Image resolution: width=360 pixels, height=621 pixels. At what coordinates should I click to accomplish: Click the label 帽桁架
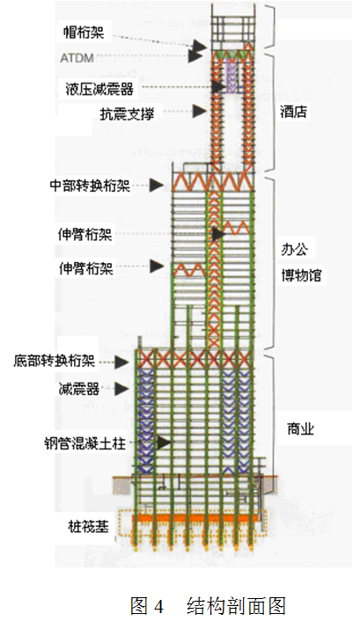84,32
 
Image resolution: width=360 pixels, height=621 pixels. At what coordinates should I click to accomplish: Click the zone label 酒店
292,112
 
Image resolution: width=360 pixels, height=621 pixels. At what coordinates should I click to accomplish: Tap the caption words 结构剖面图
236,606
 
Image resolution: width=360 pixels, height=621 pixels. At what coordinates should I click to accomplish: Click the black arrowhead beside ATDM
193,56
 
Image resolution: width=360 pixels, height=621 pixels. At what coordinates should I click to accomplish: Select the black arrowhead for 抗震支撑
200,112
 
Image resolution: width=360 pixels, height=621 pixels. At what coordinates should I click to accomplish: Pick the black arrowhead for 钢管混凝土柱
161,442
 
